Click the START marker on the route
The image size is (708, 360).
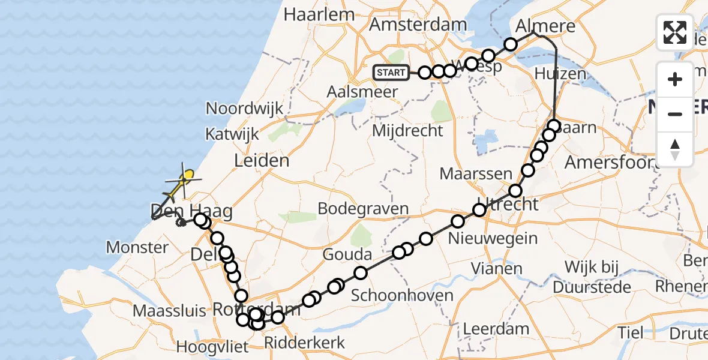click(x=391, y=73)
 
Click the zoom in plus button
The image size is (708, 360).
click(x=675, y=79)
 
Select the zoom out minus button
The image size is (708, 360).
click(x=675, y=114)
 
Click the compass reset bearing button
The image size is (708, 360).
click(x=675, y=149)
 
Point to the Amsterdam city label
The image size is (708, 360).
click(x=418, y=25)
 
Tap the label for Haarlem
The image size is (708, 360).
click(x=311, y=14)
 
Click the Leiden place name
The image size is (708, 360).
click(x=262, y=161)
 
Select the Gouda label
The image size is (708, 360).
click(x=347, y=254)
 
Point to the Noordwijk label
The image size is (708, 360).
click(x=244, y=109)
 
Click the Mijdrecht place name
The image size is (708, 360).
click(x=407, y=130)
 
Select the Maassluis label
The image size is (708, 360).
click(x=169, y=311)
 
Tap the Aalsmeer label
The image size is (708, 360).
click(x=362, y=92)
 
